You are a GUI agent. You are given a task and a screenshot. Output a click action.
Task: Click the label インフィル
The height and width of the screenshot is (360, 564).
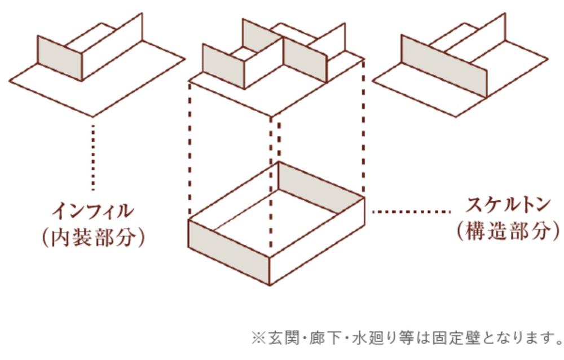point(93,211)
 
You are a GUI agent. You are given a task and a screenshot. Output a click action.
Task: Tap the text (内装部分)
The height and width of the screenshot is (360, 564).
point(93,237)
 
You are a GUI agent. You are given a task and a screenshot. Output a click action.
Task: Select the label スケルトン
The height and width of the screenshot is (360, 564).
point(508,204)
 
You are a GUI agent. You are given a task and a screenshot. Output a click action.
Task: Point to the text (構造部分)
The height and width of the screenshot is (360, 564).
point(508,230)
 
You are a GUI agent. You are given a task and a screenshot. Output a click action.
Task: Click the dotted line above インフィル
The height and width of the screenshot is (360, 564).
point(93,157)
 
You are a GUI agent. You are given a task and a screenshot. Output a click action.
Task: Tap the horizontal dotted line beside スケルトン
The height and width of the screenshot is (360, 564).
point(411,212)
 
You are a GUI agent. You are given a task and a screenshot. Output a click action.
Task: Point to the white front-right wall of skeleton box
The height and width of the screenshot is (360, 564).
point(317,240)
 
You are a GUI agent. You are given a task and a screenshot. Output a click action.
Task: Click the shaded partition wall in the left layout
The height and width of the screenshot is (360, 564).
point(60,58)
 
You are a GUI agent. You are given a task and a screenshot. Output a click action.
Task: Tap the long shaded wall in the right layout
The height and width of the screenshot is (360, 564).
point(444,66)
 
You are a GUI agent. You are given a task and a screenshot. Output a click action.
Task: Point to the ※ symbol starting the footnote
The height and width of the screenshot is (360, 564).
point(259,339)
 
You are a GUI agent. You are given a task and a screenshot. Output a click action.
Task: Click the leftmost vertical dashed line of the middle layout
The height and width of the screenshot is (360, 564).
point(190,151)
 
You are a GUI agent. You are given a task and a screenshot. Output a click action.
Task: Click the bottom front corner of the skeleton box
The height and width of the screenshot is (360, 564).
point(270,284)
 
